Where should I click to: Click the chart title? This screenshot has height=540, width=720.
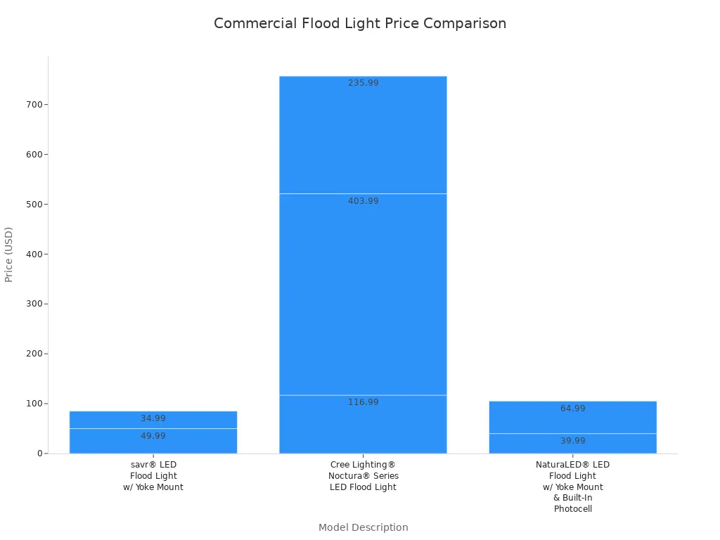359,23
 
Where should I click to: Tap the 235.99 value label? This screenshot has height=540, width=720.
363,83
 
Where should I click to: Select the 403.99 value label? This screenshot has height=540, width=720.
363,201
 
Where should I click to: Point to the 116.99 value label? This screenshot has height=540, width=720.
363,402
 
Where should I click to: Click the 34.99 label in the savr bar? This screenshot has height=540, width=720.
153,418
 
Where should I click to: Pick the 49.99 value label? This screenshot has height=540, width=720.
153,436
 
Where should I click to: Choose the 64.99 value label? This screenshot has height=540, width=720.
572,409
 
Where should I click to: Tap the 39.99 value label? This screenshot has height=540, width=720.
572,441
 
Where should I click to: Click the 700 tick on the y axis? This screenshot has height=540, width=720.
32,105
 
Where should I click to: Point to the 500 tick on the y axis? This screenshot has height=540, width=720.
32,205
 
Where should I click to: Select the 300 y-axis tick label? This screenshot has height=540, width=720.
32,304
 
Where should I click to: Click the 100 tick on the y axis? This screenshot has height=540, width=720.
32,404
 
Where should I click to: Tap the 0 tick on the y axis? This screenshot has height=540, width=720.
39,454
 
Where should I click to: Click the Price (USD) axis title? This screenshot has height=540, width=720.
9,255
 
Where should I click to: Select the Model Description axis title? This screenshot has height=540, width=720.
363,527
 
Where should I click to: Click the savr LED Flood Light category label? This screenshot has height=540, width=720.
153,476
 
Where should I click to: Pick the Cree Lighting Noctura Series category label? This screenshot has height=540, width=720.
363,476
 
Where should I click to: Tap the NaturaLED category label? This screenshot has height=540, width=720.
572,465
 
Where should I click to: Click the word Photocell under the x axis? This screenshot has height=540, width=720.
572,509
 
